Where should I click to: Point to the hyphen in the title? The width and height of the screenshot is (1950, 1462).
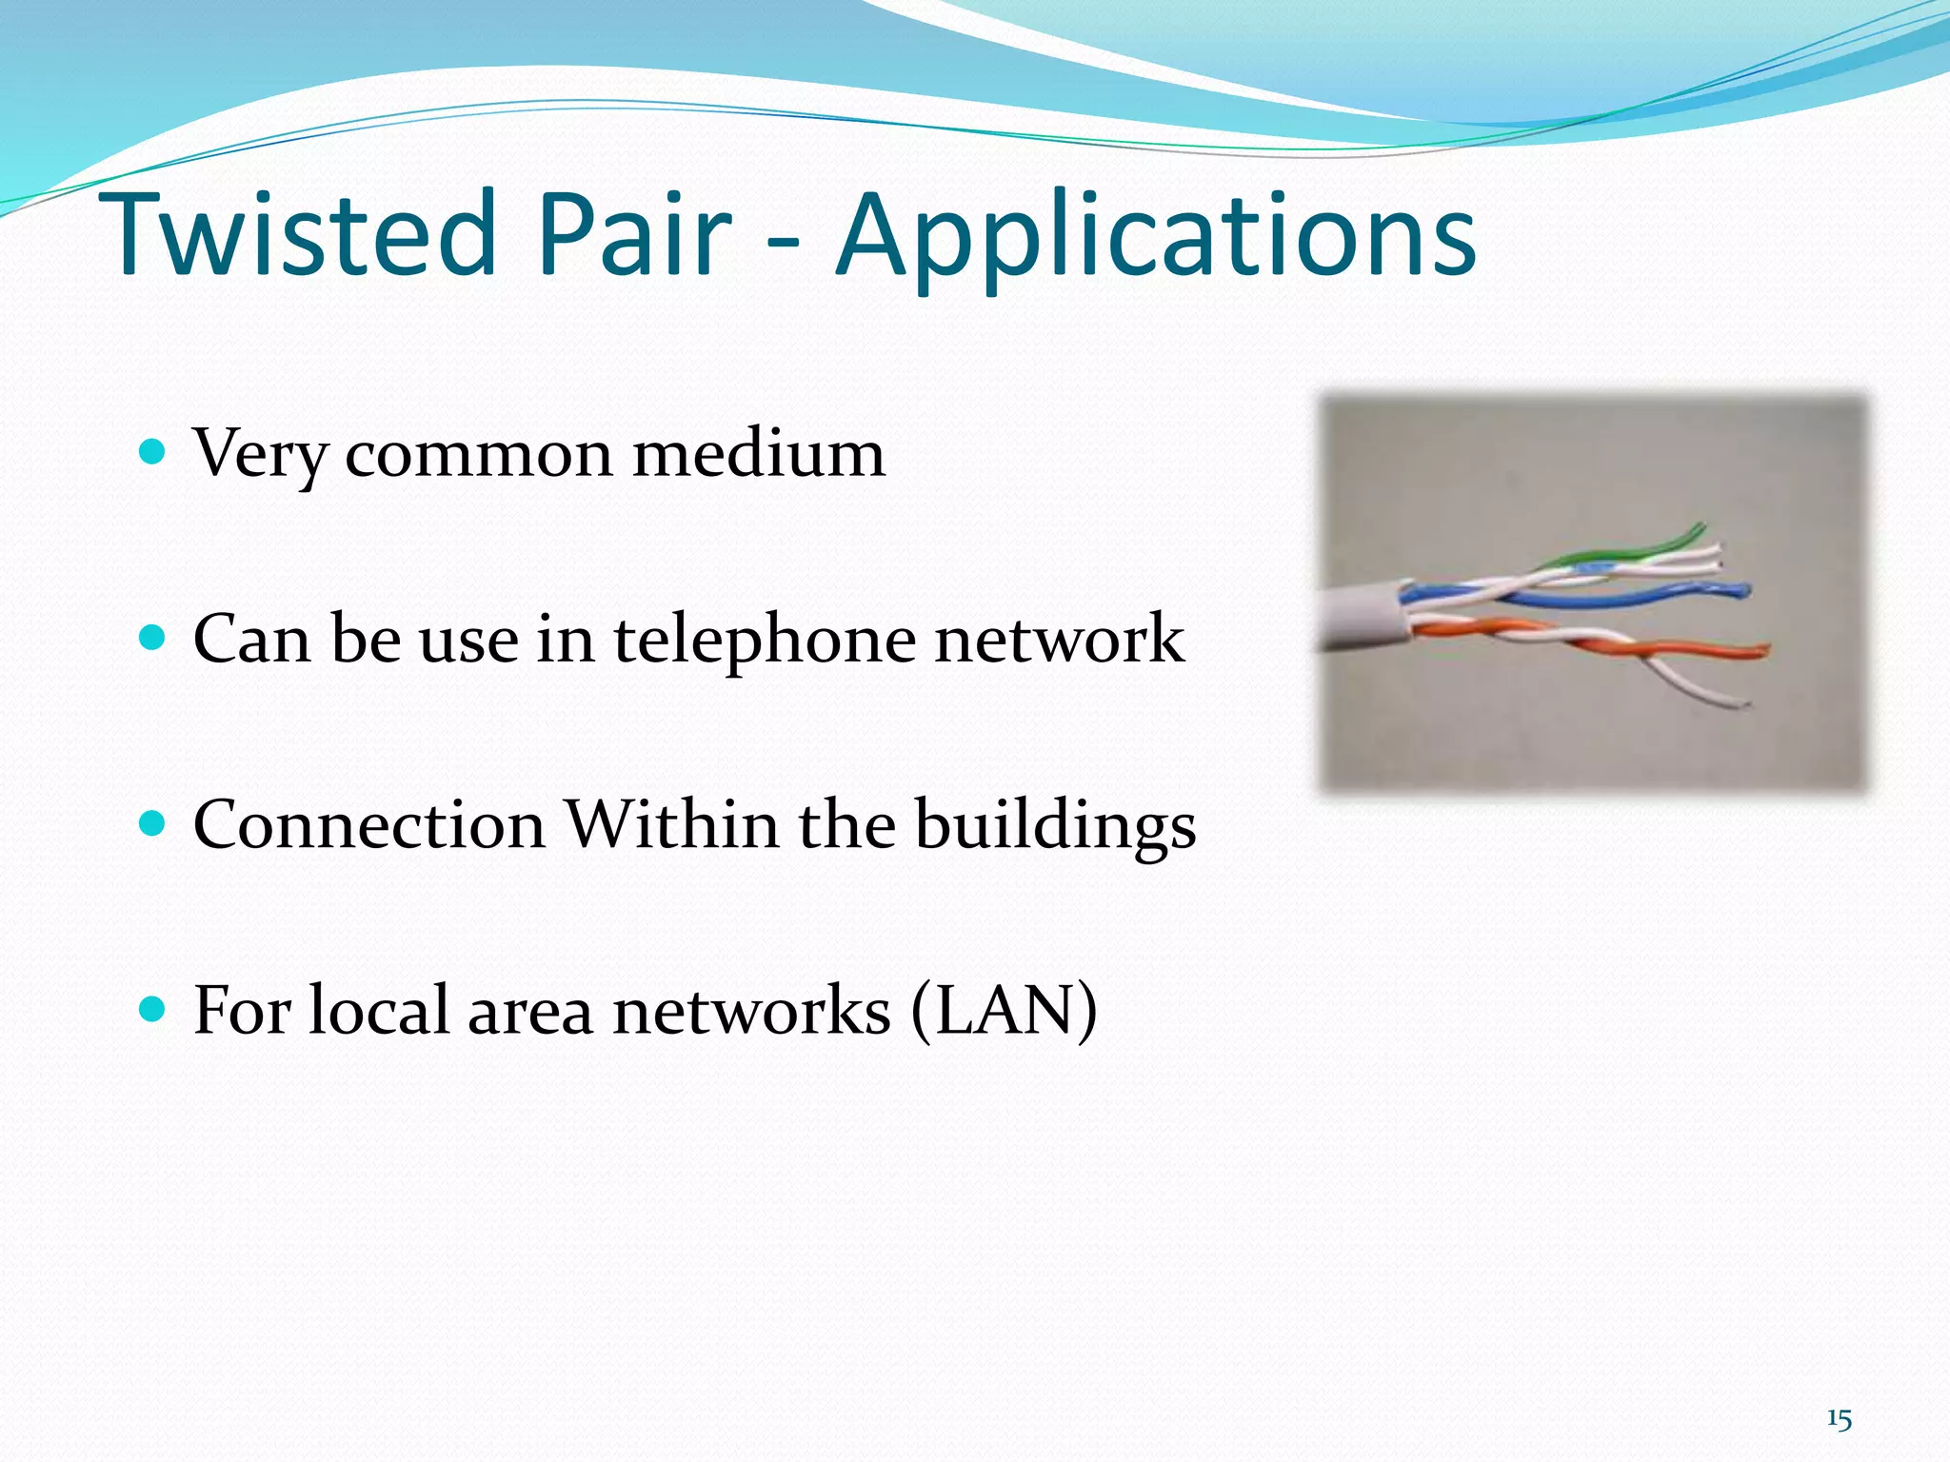tap(783, 249)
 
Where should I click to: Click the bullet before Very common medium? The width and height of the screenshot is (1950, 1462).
tap(152, 450)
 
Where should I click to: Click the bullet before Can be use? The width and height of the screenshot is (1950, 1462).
tap(152, 636)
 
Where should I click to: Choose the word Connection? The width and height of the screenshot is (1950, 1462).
tap(368, 824)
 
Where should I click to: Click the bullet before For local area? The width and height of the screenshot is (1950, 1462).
tap(152, 1008)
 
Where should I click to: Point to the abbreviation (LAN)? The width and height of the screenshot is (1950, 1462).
tap(1004, 1011)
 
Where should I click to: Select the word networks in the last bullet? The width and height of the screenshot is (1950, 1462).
tap(752, 1011)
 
